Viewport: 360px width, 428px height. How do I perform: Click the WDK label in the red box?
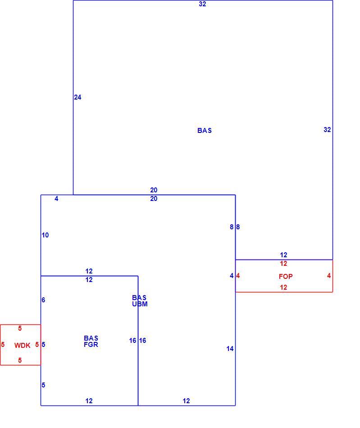coord(22,345)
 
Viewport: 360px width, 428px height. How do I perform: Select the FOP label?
coord(286,277)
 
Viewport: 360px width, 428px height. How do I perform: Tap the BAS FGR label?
coord(91,341)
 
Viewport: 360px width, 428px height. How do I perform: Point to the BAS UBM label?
coord(140,301)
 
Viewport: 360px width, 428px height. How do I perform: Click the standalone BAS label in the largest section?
coord(205,131)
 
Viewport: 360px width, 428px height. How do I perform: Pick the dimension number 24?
coord(77,97)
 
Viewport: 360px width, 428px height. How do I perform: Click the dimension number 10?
coord(45,235)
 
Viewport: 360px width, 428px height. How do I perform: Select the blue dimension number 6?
coord(43,300)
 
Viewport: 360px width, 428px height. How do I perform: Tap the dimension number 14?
coord(230,349)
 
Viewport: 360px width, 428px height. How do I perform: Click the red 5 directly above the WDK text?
coord(20,328)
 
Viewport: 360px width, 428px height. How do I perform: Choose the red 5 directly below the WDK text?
coord(20,360)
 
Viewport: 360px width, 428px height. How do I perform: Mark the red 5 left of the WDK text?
coord(3,345)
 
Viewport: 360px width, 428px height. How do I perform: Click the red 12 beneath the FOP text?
coord(283,287)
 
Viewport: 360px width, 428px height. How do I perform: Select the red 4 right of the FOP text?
coord(329,276)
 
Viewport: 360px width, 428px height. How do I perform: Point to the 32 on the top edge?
coord(202,4)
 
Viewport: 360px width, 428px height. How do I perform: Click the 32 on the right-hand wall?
coord(327,130)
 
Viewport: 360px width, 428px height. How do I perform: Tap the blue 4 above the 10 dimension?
coord(56,199)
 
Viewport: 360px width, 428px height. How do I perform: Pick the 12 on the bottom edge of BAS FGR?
coord(89,401)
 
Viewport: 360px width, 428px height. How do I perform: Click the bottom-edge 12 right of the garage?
coord(186,401)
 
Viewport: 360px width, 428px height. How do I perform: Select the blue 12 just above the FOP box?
coord(283,255)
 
